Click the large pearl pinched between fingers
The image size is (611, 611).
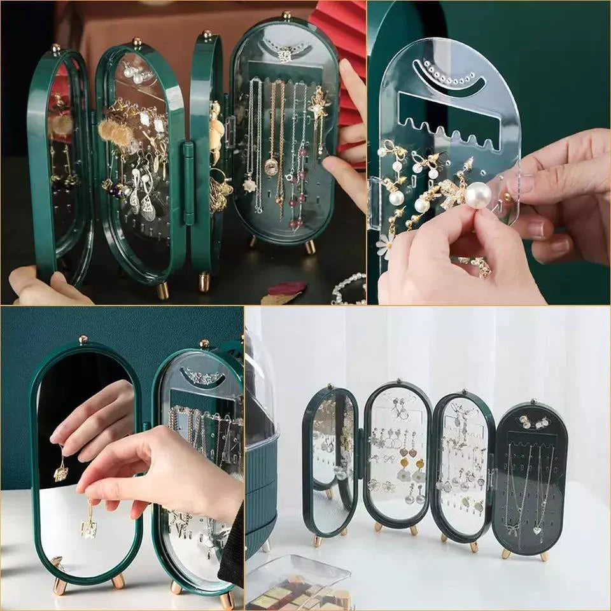click(x=478, y=194)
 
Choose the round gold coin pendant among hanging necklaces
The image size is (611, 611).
click(x=272, y=167)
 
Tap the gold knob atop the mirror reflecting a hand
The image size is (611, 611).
click(x=83, y=340)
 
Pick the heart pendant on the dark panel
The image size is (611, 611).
click(x=538, y=530)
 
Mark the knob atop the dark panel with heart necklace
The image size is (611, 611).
click(x=531, y=403)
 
